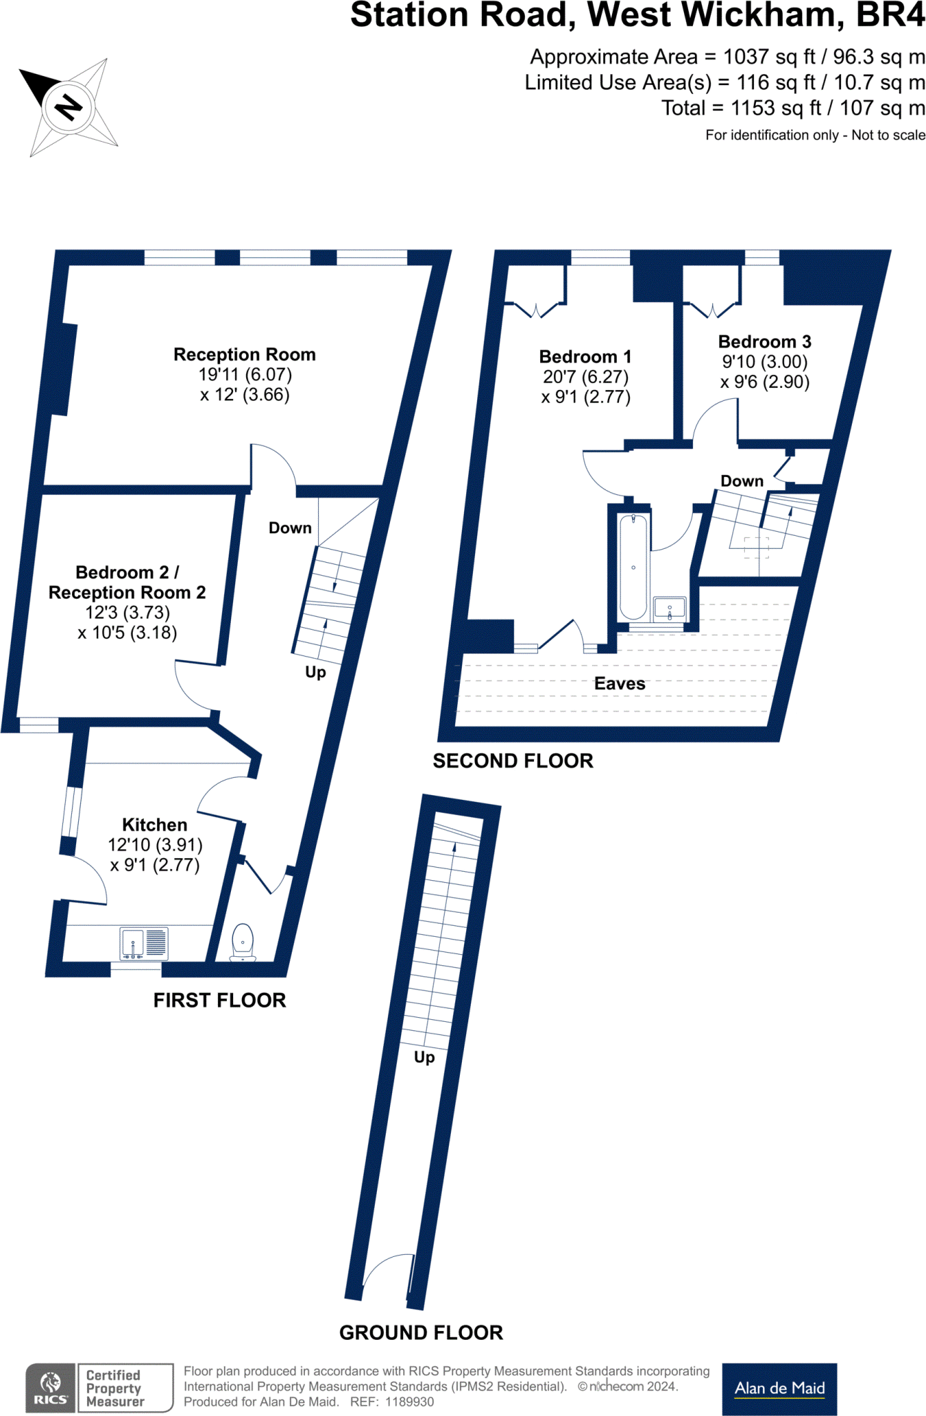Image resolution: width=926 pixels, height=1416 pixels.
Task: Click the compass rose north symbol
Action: pyautogui.click(x=68, y=106)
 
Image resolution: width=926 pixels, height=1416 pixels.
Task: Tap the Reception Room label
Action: pyautogui.click(x=244, y=355)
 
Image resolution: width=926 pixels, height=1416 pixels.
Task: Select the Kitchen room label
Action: pyautogui.click(x=154, y=825)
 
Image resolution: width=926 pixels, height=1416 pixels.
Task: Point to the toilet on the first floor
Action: pyautogui.click(x=243, y=941)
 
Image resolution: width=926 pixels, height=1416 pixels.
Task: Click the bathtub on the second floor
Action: pyautogui.click(x=633, y=567)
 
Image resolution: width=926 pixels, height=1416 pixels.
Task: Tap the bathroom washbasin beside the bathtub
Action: pyautogui.click(x=669, y=608)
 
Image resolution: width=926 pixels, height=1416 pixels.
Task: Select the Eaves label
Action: pyautogui.click(x=620, y=684)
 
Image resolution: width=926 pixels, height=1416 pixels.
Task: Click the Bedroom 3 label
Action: pyautogui.click(x=764, y=342)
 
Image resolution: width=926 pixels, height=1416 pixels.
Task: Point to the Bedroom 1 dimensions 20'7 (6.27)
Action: pyautogui.click(x=585, y=377)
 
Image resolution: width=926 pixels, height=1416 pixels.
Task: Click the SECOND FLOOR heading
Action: pyautogui.click(x=512, y=761)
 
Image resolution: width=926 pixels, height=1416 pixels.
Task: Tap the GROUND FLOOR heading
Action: pyautogui.click(x=420, y=1332)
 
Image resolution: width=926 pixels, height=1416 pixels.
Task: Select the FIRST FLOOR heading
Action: pyautogui.click(x=219, y=1000)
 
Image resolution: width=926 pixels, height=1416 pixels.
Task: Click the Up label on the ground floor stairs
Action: pyautogui.click(x=424, y=1057)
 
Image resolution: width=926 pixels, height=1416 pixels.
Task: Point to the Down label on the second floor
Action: pyautogui.click(x=741, y=481)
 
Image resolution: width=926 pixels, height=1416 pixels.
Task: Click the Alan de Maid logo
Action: pyautogui.click(x=779, y=1388)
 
